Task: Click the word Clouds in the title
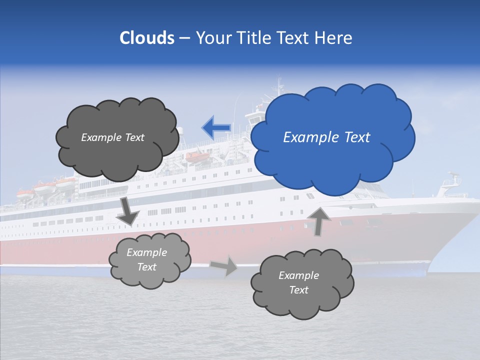click(x=147, y=38)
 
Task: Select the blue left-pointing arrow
click(x=216, y=128)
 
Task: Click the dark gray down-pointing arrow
click(x=127, y=210)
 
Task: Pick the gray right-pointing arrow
click(x=224, y=265)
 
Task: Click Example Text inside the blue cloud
click(x=326, y=137)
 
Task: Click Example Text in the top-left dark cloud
click(x=112, y=137)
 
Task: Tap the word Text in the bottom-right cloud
click(x=298, y=290)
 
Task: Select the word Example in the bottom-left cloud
click(x=146, y=252)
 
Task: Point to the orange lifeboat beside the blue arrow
click(x=196, y=156)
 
